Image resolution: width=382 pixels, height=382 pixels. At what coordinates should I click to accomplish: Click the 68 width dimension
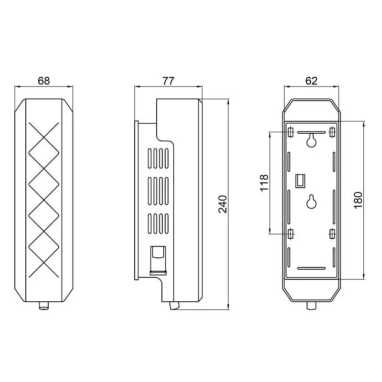(x=44, y=81)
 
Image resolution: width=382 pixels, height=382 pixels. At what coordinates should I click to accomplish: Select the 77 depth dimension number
(x=169, y=81)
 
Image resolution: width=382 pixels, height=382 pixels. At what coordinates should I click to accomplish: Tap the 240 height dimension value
(x=223, y=204)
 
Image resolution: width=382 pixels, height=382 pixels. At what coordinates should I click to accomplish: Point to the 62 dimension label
(x=311, y=81)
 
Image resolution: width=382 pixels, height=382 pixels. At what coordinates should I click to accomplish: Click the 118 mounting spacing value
(x=265, y=183)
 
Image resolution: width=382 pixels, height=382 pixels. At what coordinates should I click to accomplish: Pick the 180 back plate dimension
(x=359, y=200)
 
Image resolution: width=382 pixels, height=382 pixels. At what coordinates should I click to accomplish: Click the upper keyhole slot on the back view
(x=311, y=140)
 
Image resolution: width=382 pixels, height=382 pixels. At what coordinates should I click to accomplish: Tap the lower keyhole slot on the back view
(x=311, y=202)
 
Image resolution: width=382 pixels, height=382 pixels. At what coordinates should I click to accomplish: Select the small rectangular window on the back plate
(x=300, y=181)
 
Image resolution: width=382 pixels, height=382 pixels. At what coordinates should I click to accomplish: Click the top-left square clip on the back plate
(x=290, y=132)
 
